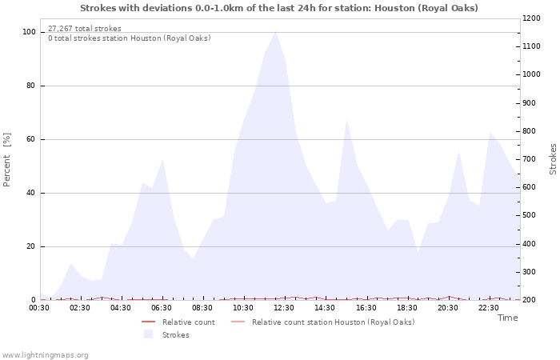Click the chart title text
click(279, 8)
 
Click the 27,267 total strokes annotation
click(85, 29)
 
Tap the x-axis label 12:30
click(284, 307)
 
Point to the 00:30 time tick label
click(40, 307)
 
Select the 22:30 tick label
click(489, 307)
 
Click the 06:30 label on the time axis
click(162, 307)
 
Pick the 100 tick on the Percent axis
click(30, 32)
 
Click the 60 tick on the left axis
click(32, 139)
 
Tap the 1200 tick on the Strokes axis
click(533, 18)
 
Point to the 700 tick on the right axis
click(530, 159)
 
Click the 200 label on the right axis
click(530, 300)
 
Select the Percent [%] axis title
click(8, 160)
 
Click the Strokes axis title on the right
click(553, 159)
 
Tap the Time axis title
click(507, 318)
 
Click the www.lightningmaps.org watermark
click(46, 355)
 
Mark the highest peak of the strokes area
click(276, 32)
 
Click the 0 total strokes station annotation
click(130, 38)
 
